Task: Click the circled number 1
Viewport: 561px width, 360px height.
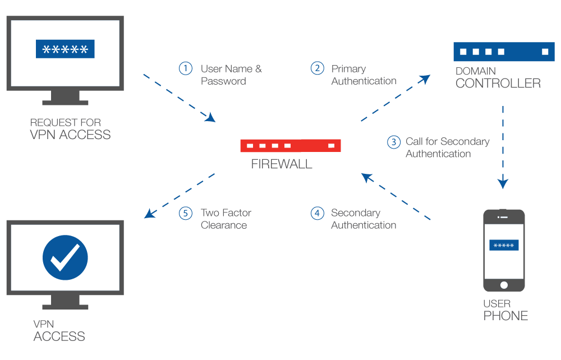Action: coord(186,69)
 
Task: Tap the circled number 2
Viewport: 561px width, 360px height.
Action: coord(318,68)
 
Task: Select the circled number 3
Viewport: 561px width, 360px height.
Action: coord(394,142)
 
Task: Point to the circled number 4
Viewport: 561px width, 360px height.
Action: coord(318,213)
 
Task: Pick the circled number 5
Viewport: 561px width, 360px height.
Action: coord(186,213)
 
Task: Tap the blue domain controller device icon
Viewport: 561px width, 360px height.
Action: coord(502,52)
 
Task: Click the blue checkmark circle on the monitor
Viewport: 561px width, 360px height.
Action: coord(65,258)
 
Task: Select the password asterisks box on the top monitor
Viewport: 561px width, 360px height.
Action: coord(65,49)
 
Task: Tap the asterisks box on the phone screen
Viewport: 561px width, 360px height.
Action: coord(504,245)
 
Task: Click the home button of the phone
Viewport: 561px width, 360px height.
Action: coord(504,285)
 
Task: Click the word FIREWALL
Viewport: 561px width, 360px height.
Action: coord(282,165)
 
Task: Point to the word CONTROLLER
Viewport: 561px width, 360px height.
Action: coord(498,84)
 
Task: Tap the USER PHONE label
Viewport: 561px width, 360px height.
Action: coord(505,310)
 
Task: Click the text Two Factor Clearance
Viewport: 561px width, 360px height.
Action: coord(226,219)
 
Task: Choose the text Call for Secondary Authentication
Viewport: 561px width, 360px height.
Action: coord(447,147)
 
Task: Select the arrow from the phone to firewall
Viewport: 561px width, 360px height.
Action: coord(396,196)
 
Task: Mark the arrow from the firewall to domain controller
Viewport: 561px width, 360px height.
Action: coord(395,98)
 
